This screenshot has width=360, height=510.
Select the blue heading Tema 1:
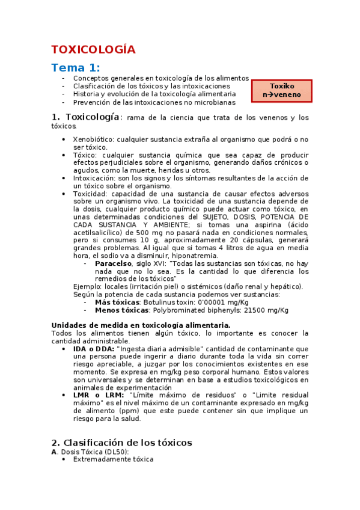[x=76, y=67]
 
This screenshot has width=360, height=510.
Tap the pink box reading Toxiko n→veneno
[x=282, y=90]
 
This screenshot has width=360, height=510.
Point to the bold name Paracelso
[x=114, y=263]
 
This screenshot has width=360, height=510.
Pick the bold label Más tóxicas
[x=117, y=303]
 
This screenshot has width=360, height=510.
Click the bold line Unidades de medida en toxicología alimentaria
[x=141, y=325]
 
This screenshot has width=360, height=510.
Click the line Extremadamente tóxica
[x=113, y=459]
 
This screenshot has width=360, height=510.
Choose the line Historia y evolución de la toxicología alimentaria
[x=154, y=94]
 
